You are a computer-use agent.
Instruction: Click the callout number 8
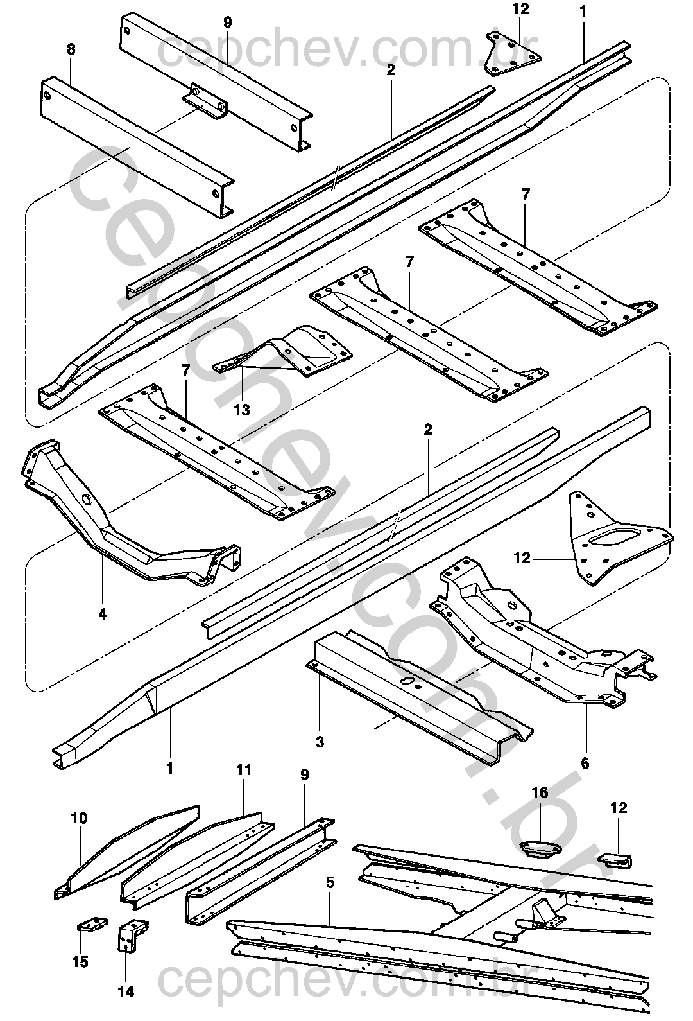tap(70, 49)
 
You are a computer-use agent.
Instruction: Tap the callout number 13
tap(242, 409)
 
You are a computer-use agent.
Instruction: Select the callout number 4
tap(102, 614)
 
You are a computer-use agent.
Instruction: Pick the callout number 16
tap(540, 792)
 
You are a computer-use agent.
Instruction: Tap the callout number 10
tap(80, 818)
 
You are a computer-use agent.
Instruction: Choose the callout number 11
tap(244, 769)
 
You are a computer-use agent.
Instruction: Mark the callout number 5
tap(330, 883)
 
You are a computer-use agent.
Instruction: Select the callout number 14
tap(126, 992)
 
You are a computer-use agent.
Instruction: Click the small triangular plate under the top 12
tap(511, 55)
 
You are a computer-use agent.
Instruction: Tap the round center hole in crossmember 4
tap(86, 500)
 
